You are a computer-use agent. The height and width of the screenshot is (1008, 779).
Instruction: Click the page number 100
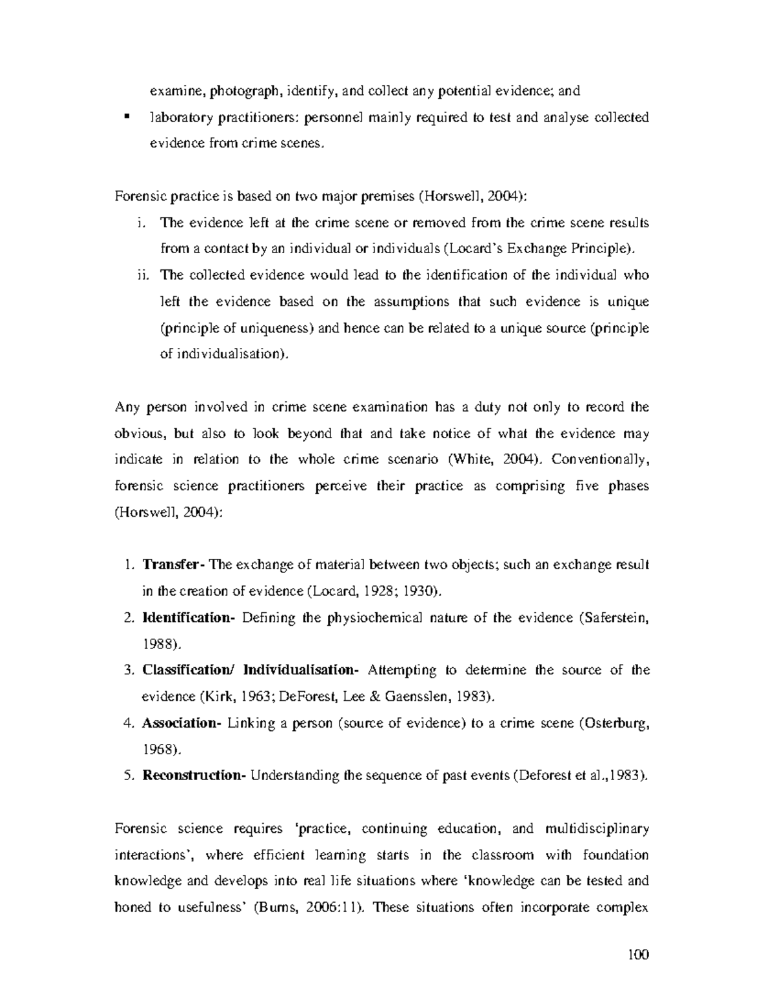[x=639, y=954]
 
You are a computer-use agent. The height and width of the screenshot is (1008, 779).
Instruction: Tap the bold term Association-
[x=182, y=722]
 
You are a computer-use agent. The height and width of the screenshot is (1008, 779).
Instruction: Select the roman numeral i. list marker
[x=142, y=223]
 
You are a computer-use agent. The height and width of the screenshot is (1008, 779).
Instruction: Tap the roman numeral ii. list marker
[x=142, y=275]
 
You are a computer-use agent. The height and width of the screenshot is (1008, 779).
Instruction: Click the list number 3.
[x=128, y=670]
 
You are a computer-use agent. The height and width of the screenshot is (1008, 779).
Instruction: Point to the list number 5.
[x=128, y=775]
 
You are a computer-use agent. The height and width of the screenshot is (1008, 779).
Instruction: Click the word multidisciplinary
[x=597, y=829]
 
